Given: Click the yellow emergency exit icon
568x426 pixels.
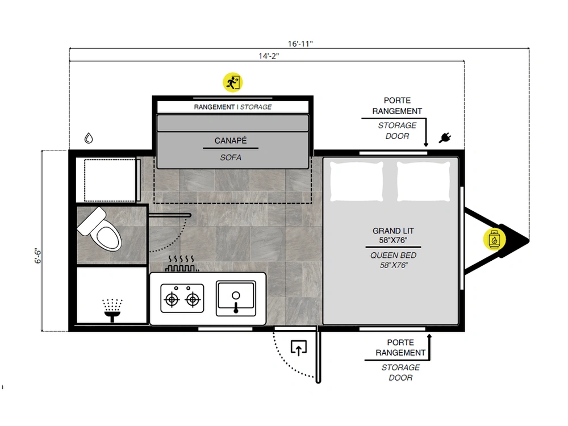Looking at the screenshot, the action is coord(232,82).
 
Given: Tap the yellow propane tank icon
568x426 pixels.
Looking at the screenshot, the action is coord(494,239).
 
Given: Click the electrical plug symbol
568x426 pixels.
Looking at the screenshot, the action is coord(445,137).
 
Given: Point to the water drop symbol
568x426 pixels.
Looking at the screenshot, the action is coord(89,138).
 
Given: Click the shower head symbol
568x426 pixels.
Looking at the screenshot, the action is coord(112,311).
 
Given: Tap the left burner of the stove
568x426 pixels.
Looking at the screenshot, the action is coord(172,299).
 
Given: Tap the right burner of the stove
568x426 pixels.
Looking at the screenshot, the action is coord(193,299).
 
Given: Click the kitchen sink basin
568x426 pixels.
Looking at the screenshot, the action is coord(236,298).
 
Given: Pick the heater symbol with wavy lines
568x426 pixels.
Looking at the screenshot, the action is coord(182,264).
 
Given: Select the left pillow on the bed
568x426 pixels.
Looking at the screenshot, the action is coord(357,181).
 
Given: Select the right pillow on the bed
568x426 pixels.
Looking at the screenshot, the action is coord(424,181).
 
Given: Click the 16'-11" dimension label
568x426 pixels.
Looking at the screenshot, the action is coord(300,44).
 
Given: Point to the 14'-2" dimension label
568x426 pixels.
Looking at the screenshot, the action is coord(269,56).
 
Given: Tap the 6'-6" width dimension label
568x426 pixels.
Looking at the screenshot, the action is coord(38,256).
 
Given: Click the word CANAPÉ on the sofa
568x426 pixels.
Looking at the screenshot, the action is coord(231,140).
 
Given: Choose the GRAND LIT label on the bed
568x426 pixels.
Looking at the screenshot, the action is coord(393,231).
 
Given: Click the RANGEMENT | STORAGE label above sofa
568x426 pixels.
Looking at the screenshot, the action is coord(232,107).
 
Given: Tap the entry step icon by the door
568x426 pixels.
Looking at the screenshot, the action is coord(299,348).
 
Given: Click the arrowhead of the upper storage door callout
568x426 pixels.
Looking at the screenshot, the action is coord(426,144).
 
